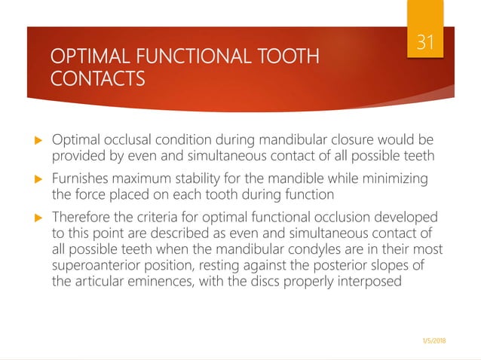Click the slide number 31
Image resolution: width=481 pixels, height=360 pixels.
tap(426, 42)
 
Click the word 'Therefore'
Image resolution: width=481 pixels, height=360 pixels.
tap(81, 218)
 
